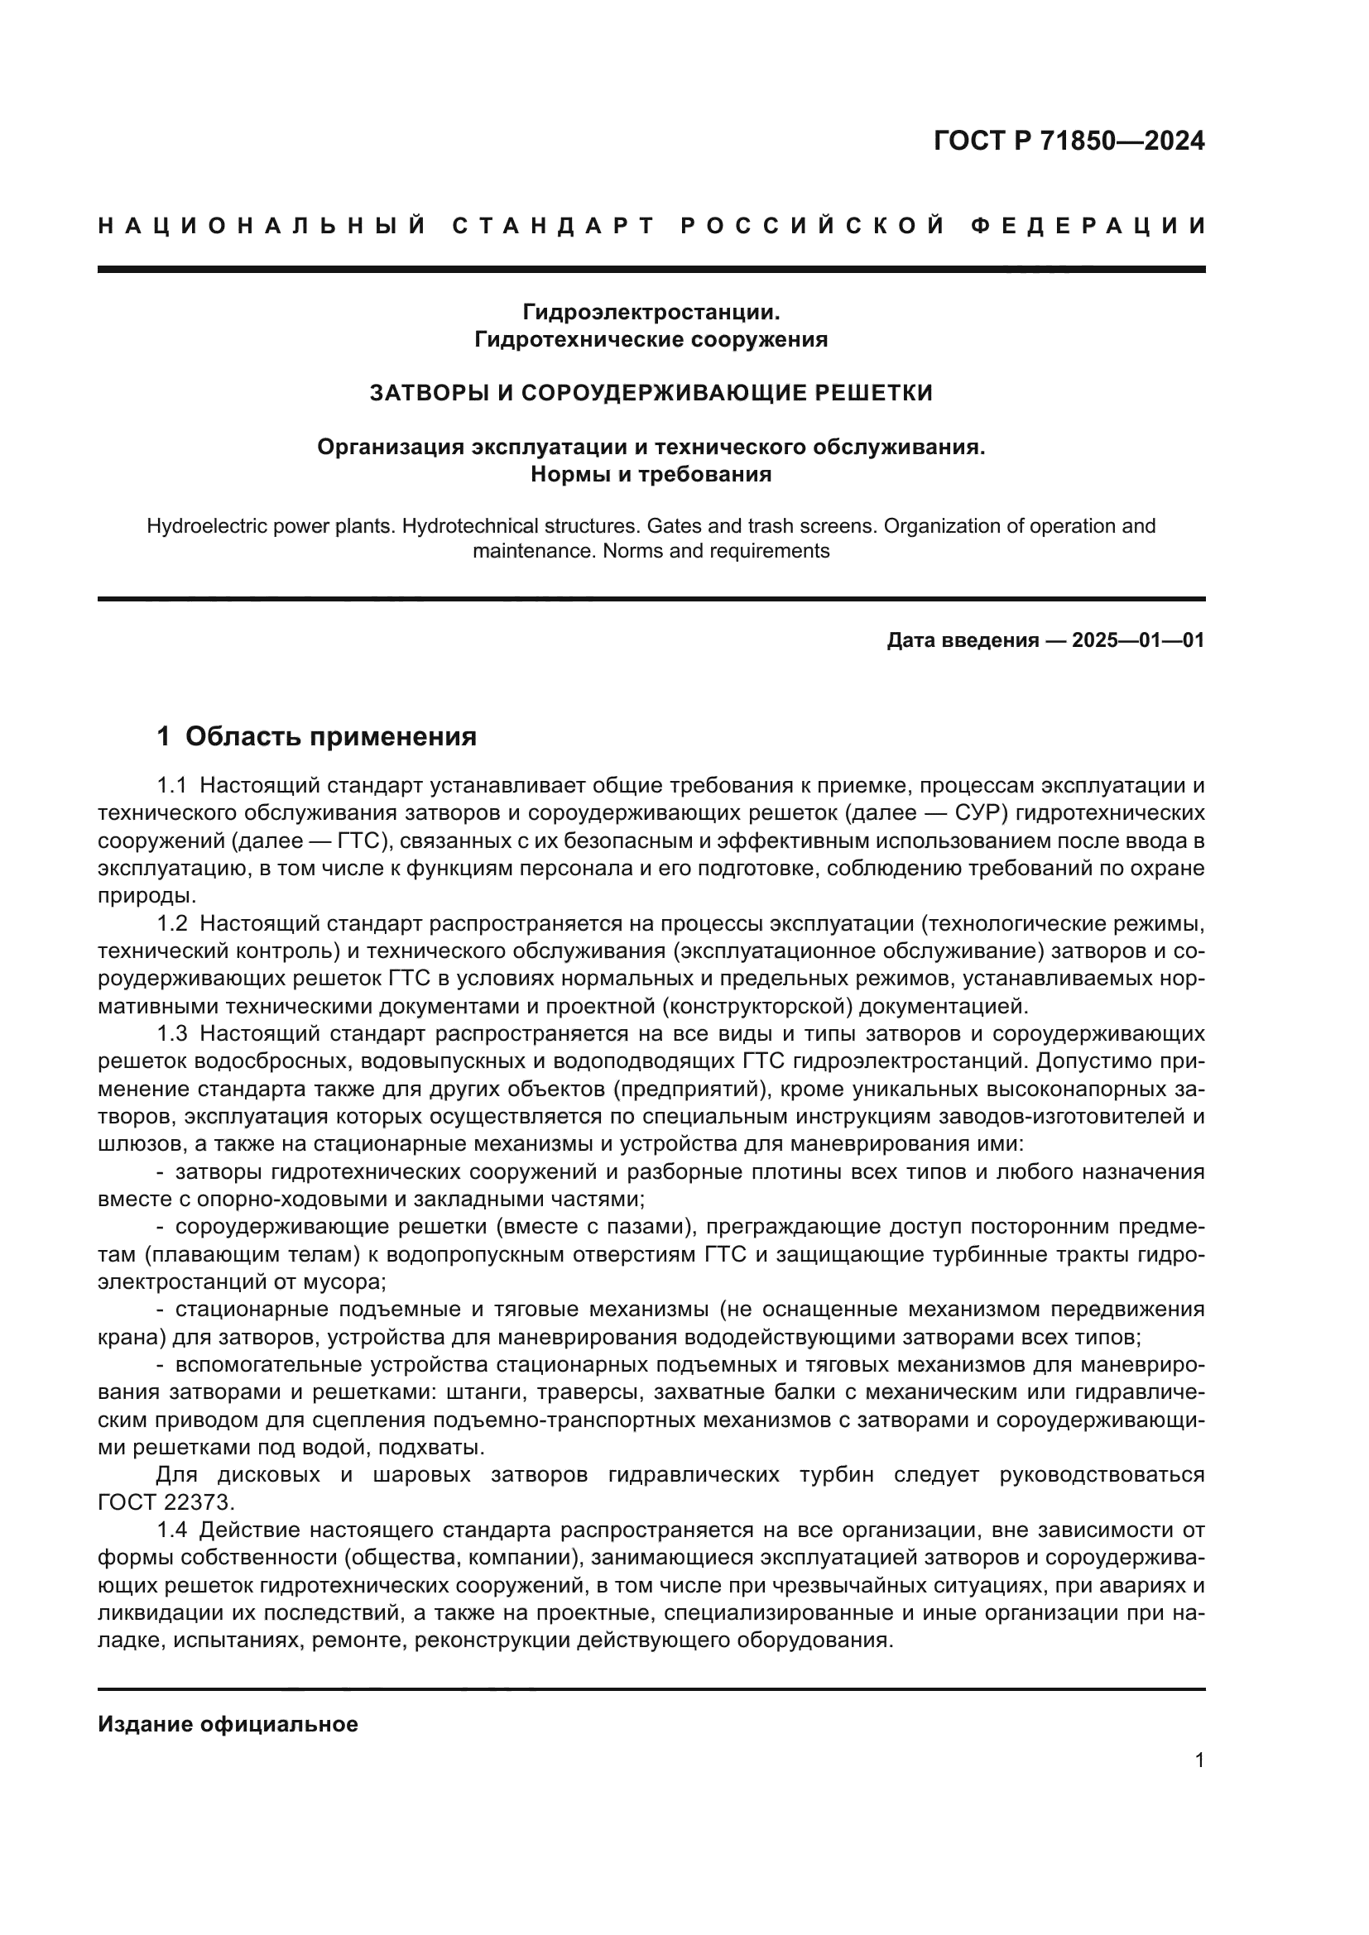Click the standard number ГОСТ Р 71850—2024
(x=1069, y=141)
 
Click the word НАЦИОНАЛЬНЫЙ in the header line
(x=262, y=226)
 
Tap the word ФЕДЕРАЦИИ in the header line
(x=1088, y=226)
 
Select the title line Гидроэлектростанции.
(x=651, y=312)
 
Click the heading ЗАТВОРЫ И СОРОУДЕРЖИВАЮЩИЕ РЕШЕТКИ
(x=651, y=393)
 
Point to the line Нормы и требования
(x=651, y=475)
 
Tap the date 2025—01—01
(x=1138, y=640)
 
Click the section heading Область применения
(x=330, y=736)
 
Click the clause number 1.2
(x=171, y=924)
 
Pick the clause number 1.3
(x=171, y=1034)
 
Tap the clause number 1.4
(x=171, y=1530)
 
